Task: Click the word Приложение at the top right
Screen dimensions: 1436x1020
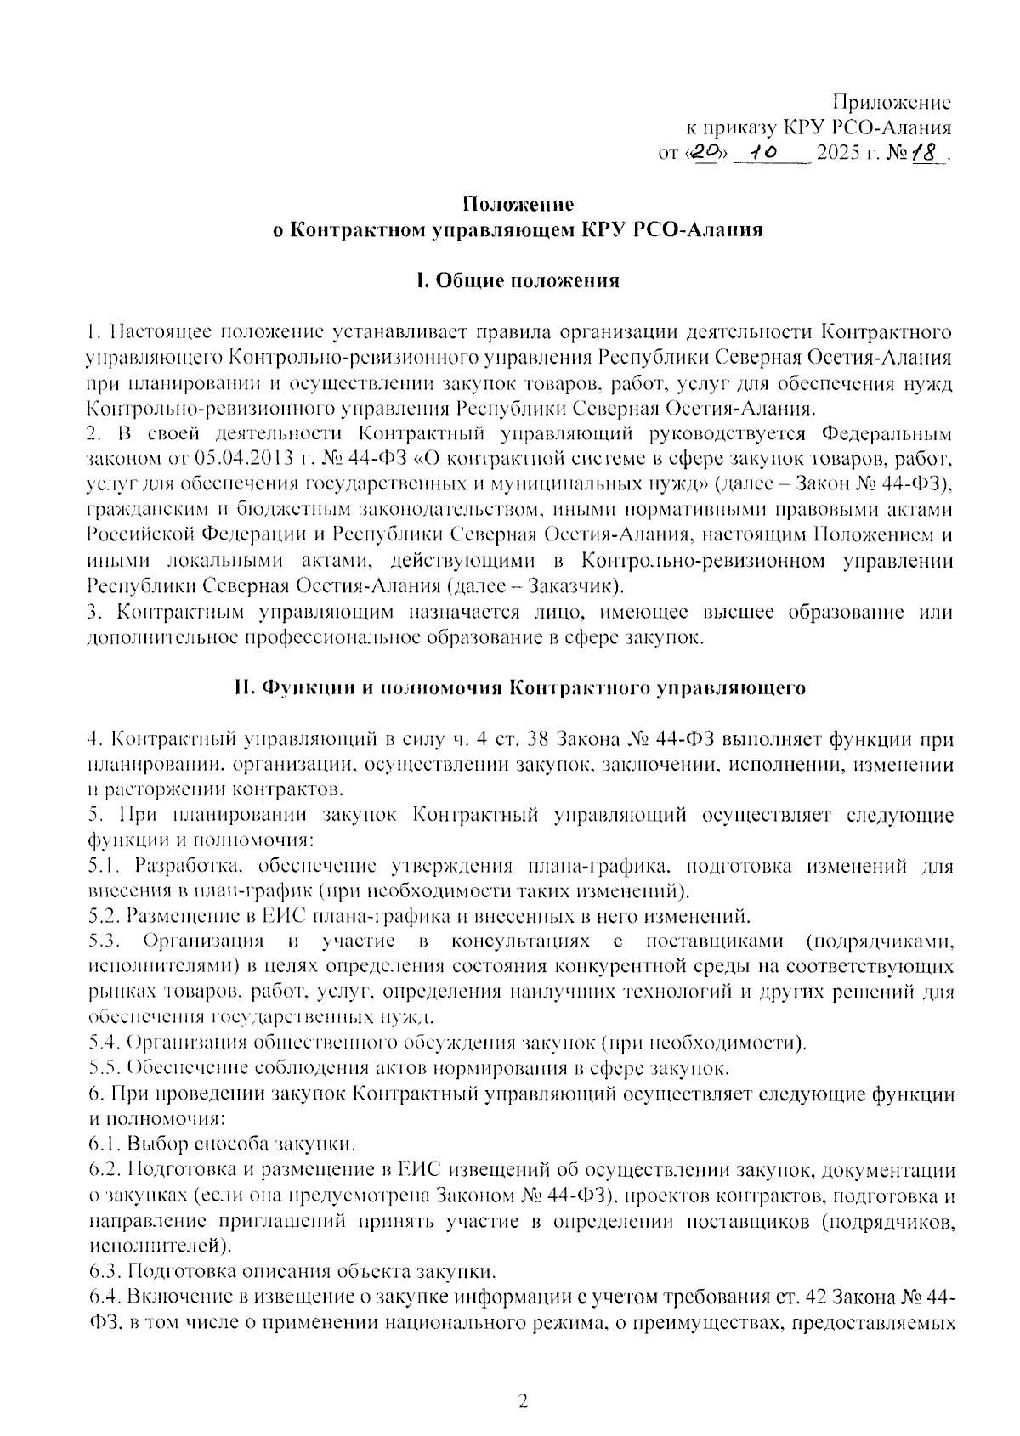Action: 891,103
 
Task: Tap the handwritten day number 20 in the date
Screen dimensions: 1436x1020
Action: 705,153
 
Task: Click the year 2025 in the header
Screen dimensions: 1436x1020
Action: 837,154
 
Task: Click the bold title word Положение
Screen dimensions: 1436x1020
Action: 518,204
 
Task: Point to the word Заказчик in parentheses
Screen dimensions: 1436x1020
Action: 574,586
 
